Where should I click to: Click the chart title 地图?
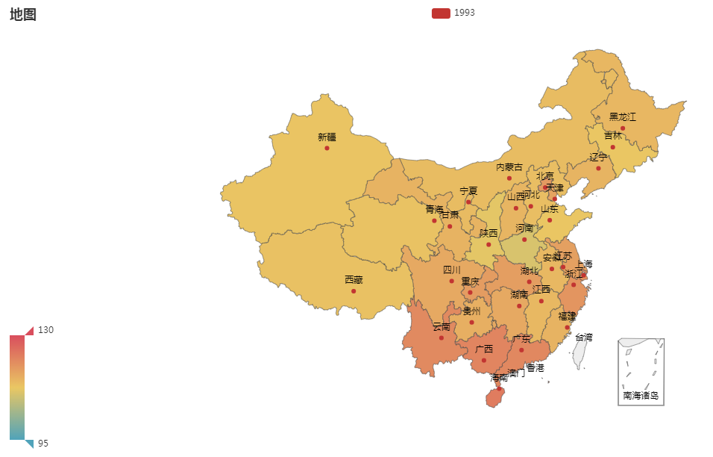[23, 15]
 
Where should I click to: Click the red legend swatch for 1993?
[441, 13]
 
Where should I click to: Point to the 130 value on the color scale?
[45, 329]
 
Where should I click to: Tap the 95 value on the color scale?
[43, 443]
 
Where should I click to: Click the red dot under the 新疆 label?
[327, 148]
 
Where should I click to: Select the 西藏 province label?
[354, 280]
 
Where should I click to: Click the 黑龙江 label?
[623, 116]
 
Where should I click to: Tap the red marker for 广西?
[484, 360]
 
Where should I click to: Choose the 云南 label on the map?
[442, 326]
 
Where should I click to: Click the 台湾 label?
[583, 337]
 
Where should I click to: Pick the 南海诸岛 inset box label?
[641, 395]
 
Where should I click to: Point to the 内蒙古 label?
[509, 167]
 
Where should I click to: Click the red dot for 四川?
[451, 281]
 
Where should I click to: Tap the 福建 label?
[567, 316]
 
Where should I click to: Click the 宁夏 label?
[468, 191]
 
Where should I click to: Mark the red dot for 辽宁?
[598, 168]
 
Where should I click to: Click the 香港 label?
[535, 368]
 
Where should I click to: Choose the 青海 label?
[434, 209]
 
